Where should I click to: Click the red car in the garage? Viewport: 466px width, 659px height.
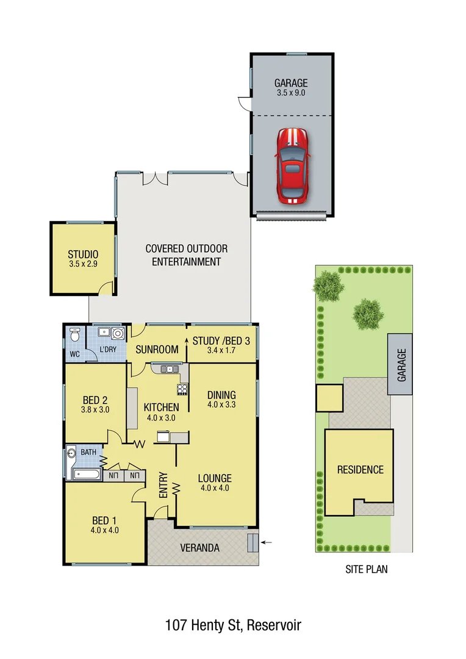tap(292, 165)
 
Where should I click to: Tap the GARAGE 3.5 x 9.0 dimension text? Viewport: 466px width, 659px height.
tap(290, 93)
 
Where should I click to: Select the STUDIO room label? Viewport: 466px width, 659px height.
tap(83, 254)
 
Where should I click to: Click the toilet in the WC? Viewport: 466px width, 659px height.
tap(75, 335)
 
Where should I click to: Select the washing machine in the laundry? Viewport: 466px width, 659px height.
tap(116, 334)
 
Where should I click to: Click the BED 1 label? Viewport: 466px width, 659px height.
tap(104, 520)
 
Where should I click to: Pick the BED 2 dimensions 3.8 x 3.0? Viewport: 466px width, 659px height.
tap(96, 410)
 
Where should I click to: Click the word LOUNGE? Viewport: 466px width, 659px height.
tap(213, 478)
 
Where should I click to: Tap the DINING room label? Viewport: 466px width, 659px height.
tap(221, 395)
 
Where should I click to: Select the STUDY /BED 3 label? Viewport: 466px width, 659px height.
tap(221, 340)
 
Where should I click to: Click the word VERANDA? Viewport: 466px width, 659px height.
tap(199, 548)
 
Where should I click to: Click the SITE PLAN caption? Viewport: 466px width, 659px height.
tap(366, 569)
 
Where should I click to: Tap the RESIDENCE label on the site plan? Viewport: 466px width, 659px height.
tap(360, 469)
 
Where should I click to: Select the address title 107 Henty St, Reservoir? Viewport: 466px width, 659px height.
tap(232, 625)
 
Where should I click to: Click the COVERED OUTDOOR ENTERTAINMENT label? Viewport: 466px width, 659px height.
tap(186, 255)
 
